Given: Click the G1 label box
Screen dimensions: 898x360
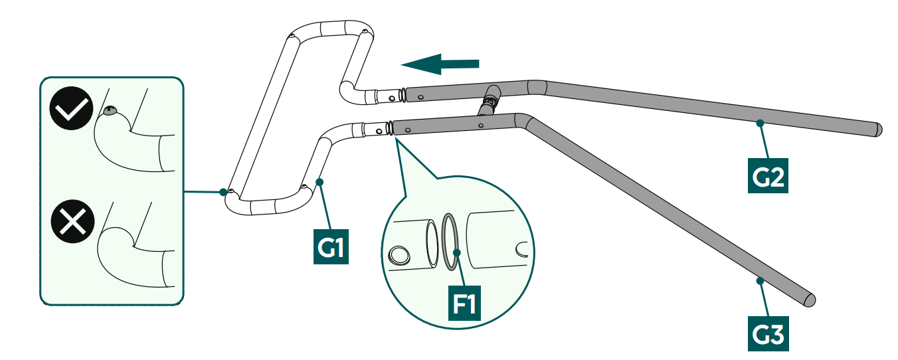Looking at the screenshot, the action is (x=331, y=246).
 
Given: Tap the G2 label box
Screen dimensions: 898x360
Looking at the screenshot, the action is (x=768, y=175).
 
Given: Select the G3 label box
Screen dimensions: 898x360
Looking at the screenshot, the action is (x=768, y=333).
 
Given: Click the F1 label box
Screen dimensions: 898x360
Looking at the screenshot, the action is (x=464, y=303).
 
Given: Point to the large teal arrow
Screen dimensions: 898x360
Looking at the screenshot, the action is (x=440, y=64).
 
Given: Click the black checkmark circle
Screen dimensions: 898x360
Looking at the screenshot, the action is (x=71, y=108).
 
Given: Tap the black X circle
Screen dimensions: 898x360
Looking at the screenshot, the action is (x=72, y=221).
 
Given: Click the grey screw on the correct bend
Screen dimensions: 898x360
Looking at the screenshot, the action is (x=110, y=110).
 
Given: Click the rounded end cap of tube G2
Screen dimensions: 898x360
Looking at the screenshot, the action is (x=877, y=130).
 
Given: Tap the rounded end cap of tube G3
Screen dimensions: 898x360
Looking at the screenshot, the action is (x=810, y=300).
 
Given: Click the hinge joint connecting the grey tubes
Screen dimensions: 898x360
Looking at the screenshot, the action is (x=490, y=100).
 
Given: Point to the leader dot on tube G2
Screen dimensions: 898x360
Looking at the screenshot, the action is (x=760, y=123).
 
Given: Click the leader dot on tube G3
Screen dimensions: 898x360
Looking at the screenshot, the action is (x=760, y=280).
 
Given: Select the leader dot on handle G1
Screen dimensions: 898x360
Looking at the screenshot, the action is (x=319, y=182).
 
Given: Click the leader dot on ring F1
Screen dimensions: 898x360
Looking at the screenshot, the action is (x=456, y=252).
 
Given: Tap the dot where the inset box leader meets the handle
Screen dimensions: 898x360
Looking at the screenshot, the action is (x=223, y=192).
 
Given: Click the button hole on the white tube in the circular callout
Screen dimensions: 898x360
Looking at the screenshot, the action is (x=399, y=255).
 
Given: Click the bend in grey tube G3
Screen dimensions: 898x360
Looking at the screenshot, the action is (x=523, y=120).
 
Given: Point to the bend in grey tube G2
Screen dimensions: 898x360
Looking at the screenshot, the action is (x=537, y=88).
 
